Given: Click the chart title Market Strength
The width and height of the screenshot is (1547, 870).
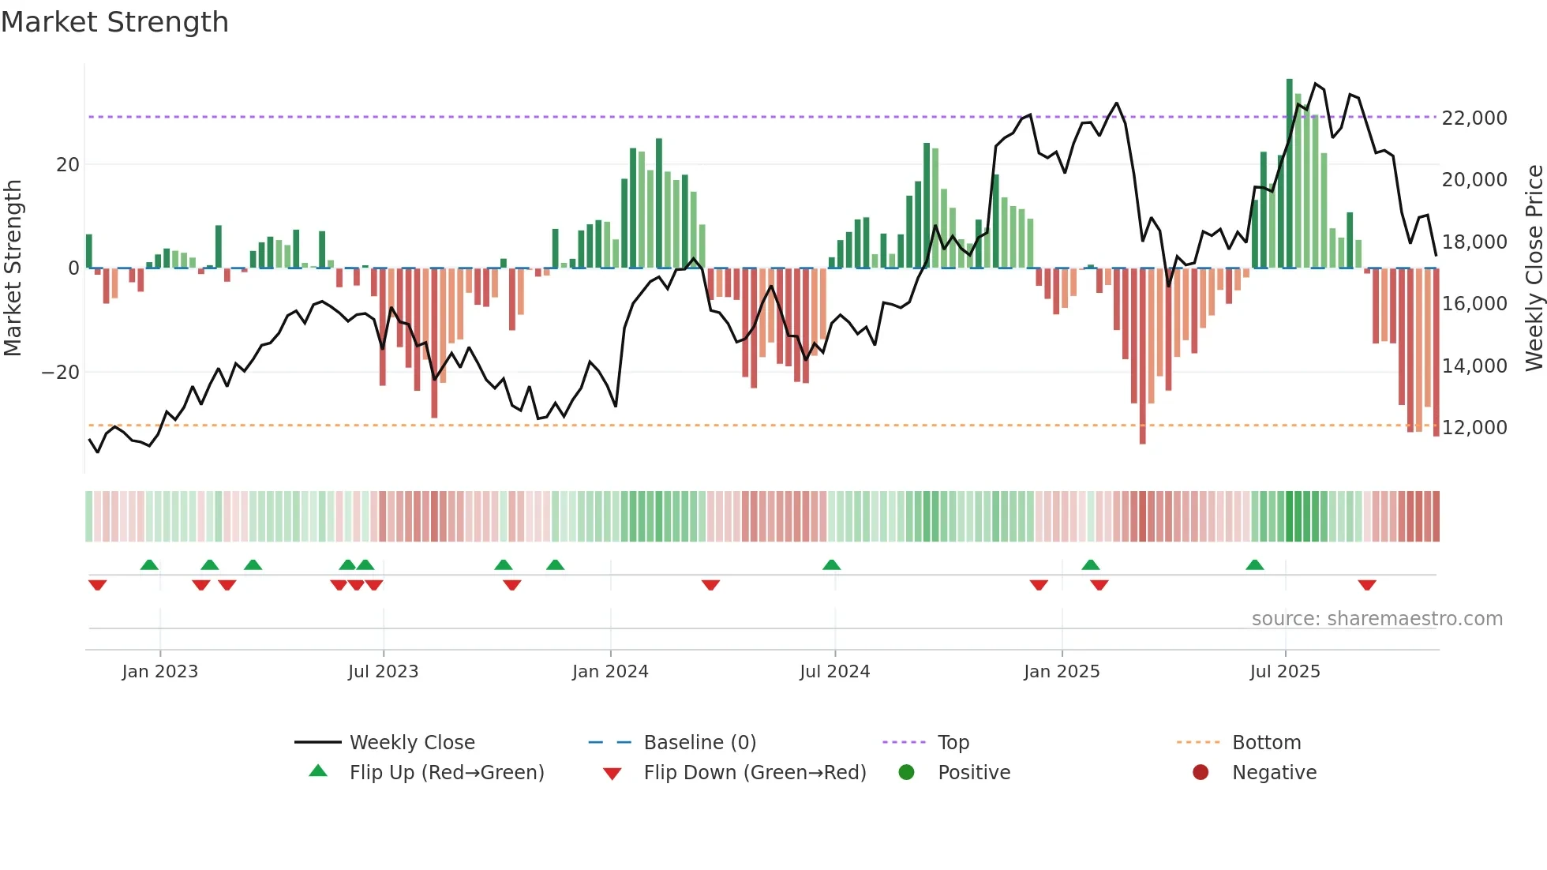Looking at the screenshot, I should [x=114, y=22].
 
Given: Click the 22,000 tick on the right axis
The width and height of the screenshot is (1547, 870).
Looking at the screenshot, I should [x=1474, y=118].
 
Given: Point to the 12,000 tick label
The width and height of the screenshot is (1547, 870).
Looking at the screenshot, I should [x=1474, y=428].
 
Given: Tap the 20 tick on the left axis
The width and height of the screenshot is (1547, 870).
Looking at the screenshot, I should [x=68, y=165].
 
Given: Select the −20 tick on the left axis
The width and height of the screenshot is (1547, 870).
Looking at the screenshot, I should [x=61, y=373].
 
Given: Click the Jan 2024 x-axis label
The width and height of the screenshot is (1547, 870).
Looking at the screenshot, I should [x=610, y=672].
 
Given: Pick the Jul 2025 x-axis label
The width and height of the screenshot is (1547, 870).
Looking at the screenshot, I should [x=1285, y=672].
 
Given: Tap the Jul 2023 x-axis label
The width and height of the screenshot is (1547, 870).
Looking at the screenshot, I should [x=383, y=672].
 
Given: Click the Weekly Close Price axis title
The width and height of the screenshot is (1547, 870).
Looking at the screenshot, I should [x=1534, y=268].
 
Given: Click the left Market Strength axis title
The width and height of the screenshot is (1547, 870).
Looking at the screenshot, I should [x=13, y=268].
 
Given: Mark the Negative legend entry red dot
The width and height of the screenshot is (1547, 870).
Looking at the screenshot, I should [x=1201, y=773].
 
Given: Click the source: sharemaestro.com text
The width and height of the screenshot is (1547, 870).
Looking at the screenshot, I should [x=1377, y=619].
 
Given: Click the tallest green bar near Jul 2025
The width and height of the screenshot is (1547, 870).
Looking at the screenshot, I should [x=1289, y=174].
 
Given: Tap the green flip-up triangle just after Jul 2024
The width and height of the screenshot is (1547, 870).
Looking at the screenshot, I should [x=831, y=564].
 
